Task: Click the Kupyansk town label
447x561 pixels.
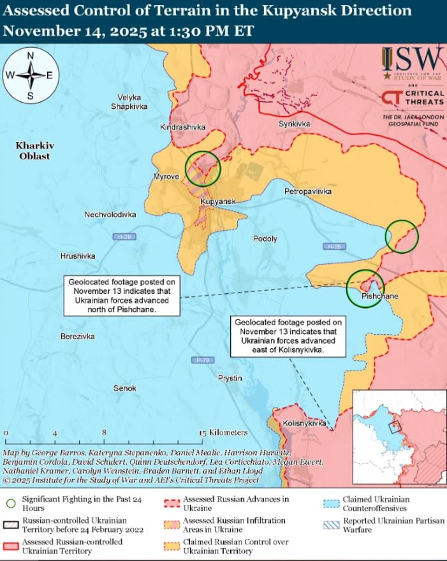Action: (x=218, y=201)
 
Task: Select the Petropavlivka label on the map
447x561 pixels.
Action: (x=308, y=191)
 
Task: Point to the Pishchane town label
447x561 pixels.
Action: (x=380, y=296)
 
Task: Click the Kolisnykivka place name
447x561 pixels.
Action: (x=304, y=423)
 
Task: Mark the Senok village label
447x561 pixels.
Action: (x=124, y=388)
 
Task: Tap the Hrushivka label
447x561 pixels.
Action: (x=78, y=256)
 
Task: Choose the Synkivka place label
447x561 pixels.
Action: (x=295, y=124)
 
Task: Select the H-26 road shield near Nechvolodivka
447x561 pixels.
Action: (x=124, y=237)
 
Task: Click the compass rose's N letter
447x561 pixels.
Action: (x=30, y=55)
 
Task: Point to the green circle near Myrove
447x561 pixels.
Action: (x=203, y=168)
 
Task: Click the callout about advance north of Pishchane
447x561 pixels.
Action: (x=122, y=295)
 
